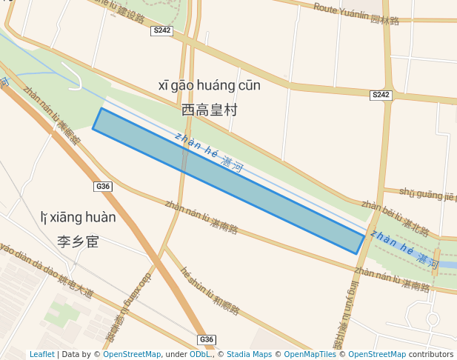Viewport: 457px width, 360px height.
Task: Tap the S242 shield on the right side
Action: [x=381, y=95]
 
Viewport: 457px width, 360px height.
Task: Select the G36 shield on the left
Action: [x=103, y=187]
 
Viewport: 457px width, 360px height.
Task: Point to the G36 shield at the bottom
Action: [x=207, y=339]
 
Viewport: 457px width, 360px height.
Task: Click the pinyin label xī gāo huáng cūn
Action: [x=210, y=86]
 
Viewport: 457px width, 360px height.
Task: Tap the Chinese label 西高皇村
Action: [x=210, y=110]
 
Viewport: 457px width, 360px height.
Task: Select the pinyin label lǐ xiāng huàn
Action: [x=79, y=218]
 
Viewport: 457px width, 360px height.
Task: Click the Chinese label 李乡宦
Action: [x=78, y=241]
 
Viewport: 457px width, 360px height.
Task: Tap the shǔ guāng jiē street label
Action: [x=427, y=195]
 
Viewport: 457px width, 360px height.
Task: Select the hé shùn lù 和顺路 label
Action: [x=212, y=291]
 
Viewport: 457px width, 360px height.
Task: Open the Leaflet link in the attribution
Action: [x=41, y=355]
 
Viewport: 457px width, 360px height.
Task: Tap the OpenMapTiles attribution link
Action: [x=312, y=355]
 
